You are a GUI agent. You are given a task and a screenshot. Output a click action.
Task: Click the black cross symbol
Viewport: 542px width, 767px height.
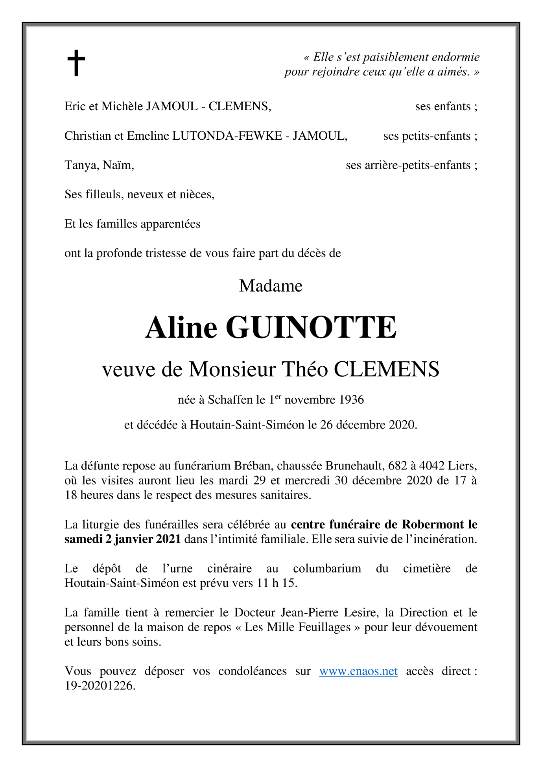pos(76,63)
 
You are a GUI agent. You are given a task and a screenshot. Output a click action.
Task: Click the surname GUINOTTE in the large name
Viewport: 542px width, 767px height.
pos(311,327)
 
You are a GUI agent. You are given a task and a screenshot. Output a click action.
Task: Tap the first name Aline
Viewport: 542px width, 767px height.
pos(181,327)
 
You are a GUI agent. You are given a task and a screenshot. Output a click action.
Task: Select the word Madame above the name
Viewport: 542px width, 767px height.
pos(271,286)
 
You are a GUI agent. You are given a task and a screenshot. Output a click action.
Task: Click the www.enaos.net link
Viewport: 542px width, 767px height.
pos(358,671)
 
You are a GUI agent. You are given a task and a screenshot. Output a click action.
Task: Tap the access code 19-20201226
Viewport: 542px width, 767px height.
pos(100,686)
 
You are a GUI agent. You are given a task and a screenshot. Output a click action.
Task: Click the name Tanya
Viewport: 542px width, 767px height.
pos(81,165)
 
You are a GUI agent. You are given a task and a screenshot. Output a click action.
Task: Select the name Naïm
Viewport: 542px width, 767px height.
pos(118,165)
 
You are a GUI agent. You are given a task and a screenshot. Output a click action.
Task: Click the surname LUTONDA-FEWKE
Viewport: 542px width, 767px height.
pos(227,136)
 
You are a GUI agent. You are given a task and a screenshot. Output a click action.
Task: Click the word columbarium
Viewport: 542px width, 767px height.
pos(327,568)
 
